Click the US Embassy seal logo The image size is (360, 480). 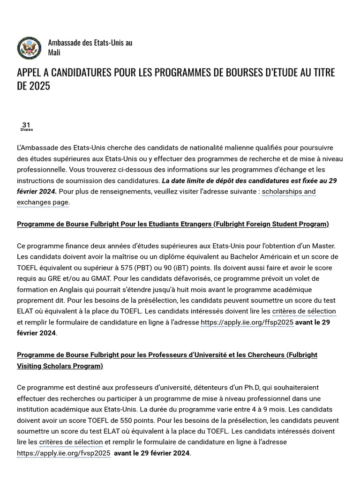pyautogui.click(x=29, y=48)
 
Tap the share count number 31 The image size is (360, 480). pyautogui.click(x=26, y=125)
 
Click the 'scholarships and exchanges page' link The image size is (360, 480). pyautogui.click(x=166, y=197)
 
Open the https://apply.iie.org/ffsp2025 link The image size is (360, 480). pyautogui.click(x=247, y=322)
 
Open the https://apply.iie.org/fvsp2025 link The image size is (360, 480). pyautogui.click(x=64, y=453)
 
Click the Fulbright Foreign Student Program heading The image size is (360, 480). pyautogui.click(x=173, y=224)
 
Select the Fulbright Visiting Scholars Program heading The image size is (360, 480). pyautogui.click(x=167, y=360)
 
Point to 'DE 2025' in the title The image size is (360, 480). pyautogui.click(x=33, y=86)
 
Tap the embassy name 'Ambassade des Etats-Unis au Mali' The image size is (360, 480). pyautogui.click(x=90, y=47)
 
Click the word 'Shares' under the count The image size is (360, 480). pyautogui.click(x=26, y=130)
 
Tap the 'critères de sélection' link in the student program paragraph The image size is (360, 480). pyautogui.click(x=304, y=311)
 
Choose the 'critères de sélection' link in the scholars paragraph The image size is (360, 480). pyautogui.click(x=71, y=442)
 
